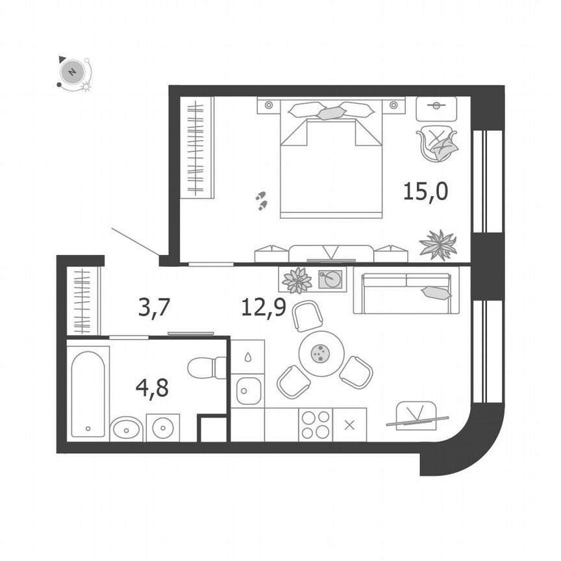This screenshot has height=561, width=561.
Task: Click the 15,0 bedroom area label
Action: click(x=425, y=192)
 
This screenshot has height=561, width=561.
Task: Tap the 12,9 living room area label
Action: click(x=264, y=306)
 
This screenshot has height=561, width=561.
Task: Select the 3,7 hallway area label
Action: click(x=154, y=306)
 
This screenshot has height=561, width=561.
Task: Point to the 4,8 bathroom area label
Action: click(x=152, y=388)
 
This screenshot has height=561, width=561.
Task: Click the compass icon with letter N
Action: click(x=73, y=71)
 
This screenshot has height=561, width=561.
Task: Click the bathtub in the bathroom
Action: click(x=88, y=393)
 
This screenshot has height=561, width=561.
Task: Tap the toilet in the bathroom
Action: click(x=206, y=368)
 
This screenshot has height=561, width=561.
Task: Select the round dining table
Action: click(x=320, y=353)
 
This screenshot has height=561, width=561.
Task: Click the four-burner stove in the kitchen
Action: click(x=315, y=425)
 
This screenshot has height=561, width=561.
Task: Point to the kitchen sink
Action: click(x=248, y=391)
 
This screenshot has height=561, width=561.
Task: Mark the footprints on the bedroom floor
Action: click(x=261, y=201)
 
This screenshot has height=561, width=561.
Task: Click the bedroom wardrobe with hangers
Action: click(x=196, y=147)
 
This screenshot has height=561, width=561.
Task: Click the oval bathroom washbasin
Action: click(x=126, y=429)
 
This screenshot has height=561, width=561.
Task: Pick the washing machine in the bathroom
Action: click(x=162, y=429)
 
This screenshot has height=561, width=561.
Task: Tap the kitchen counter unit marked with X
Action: click(x=349, y=425)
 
